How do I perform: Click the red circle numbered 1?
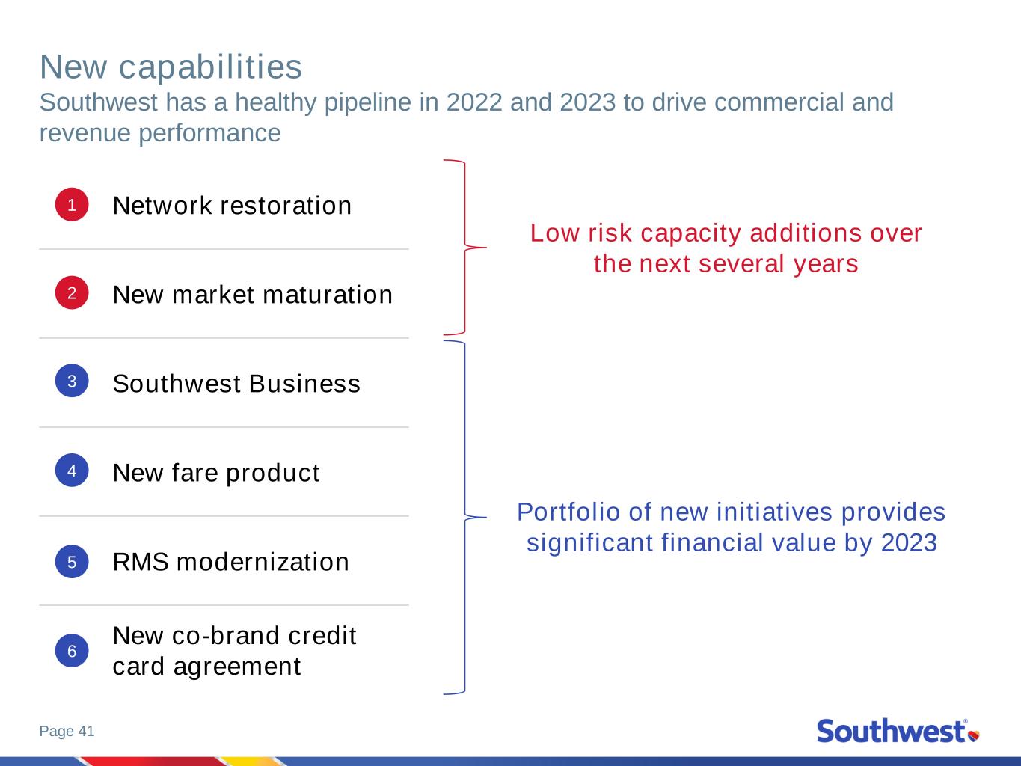click(72, 205)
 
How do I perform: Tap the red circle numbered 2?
click(72, 293)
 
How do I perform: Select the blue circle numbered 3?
click(72, 381)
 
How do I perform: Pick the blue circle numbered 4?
click(72, 471)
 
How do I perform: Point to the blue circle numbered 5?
click(72, 561)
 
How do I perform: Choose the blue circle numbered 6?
click(72, 651)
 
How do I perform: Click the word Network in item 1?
click(162, 206)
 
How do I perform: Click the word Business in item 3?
click(304, 384)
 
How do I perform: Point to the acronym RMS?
click(141, 562)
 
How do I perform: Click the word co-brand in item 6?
click(226, 635)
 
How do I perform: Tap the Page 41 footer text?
click(67, 731)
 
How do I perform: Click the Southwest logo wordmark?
click(891, 731)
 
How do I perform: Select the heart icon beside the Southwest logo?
click(974, 735)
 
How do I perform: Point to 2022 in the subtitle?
click(474, 102)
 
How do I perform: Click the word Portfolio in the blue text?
click(569, 512)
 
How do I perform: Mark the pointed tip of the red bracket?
click(486, 248)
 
